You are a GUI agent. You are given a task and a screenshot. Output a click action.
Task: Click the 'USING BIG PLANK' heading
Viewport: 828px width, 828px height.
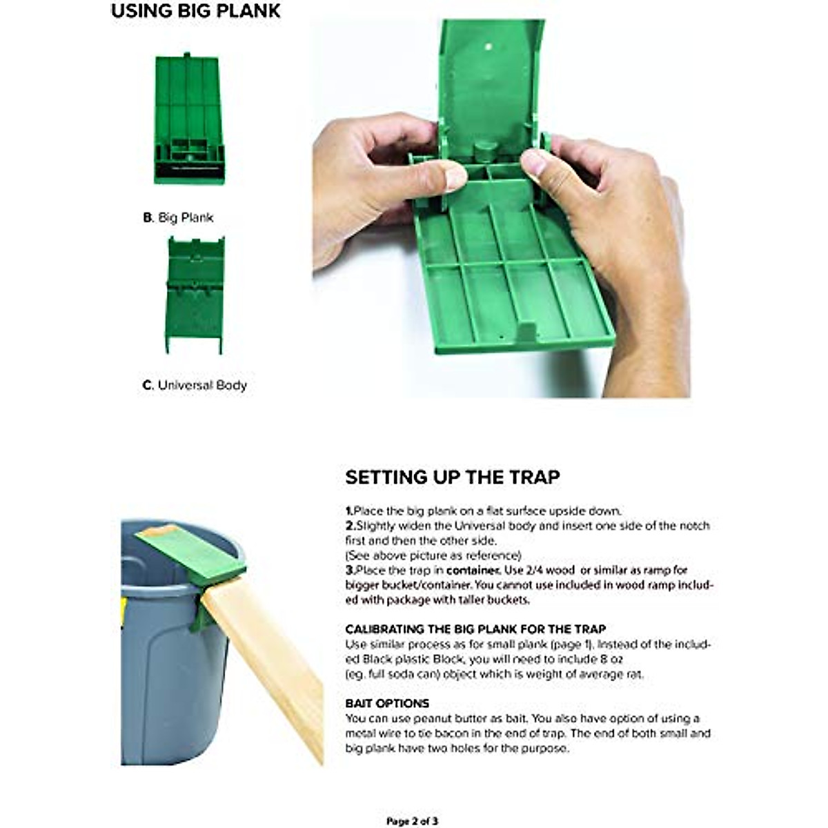[196, 12]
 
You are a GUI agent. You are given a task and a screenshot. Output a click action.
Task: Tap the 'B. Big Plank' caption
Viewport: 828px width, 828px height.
[178, 217]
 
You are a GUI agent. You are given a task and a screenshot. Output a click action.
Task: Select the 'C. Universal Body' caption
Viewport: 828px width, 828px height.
[195, 385]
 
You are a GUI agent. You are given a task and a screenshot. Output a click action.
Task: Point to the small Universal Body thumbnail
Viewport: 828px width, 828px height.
[195, 295]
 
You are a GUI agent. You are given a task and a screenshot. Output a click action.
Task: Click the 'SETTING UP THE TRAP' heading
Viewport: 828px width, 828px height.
[453, 477]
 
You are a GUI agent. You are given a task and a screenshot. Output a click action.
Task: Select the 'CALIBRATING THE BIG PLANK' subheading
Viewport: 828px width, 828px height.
[475, 629]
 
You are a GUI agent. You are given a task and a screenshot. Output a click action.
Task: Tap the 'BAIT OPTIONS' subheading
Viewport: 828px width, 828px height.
[387, 703]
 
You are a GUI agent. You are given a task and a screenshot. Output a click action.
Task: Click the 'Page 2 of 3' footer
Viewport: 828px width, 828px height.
[412, 821]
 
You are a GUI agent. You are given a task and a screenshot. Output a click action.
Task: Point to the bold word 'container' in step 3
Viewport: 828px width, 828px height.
[472, 571]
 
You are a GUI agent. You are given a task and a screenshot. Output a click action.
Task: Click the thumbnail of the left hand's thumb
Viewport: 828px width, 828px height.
[455, 178]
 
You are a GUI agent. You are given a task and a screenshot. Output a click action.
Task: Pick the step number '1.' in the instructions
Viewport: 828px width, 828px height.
[349, 511]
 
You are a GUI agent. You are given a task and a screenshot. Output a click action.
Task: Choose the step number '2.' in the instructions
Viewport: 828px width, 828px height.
[350, 526]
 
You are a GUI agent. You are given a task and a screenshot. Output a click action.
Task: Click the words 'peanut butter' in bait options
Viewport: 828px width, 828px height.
[434, 718]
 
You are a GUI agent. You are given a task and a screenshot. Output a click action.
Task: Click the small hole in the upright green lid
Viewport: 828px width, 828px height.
[489, 48]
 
